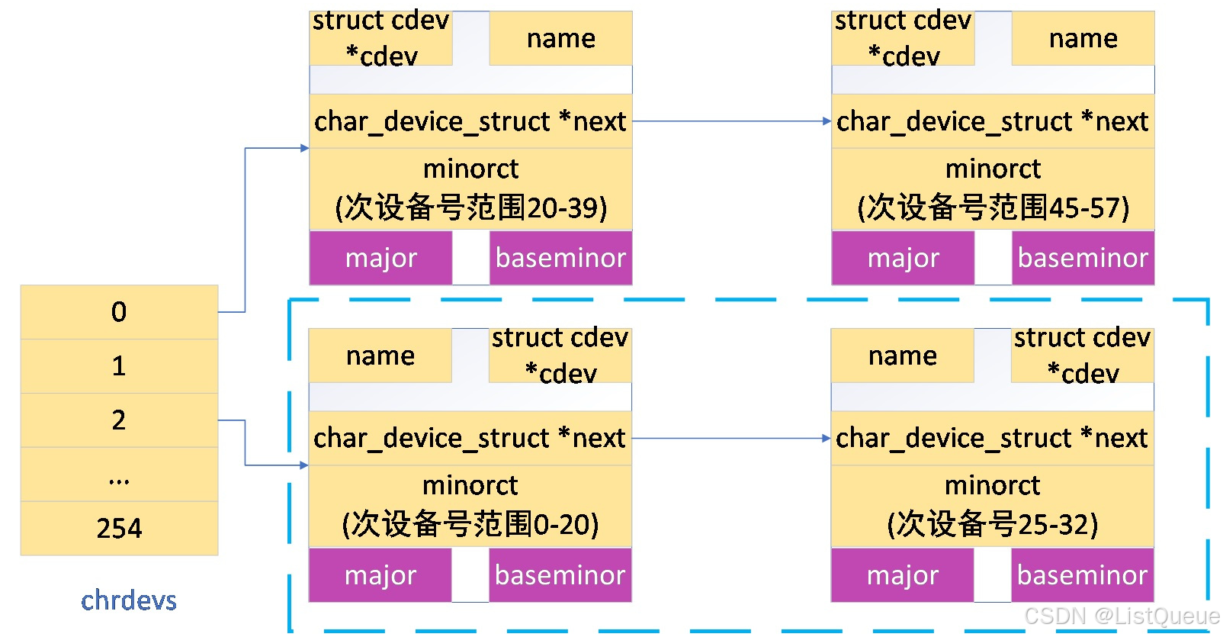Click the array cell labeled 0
point(119,312)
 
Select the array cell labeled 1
point(119,366)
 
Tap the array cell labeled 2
point(119,420)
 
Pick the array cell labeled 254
point(119,528)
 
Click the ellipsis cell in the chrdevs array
point(119,475)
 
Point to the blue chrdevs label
point(129,600)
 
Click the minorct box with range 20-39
point(470,188)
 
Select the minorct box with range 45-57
point(993,188)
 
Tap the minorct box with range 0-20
point(470,506)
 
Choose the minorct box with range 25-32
point(992,506)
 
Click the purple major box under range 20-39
point(380,258)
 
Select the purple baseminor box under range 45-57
point(1083,258)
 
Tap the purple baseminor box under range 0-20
point(560,575)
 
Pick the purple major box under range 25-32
point(902,575)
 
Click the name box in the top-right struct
point(1083,38)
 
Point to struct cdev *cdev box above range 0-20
point(560,355)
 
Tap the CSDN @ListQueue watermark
point(1121,616)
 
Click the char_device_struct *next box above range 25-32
point(992,439)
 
